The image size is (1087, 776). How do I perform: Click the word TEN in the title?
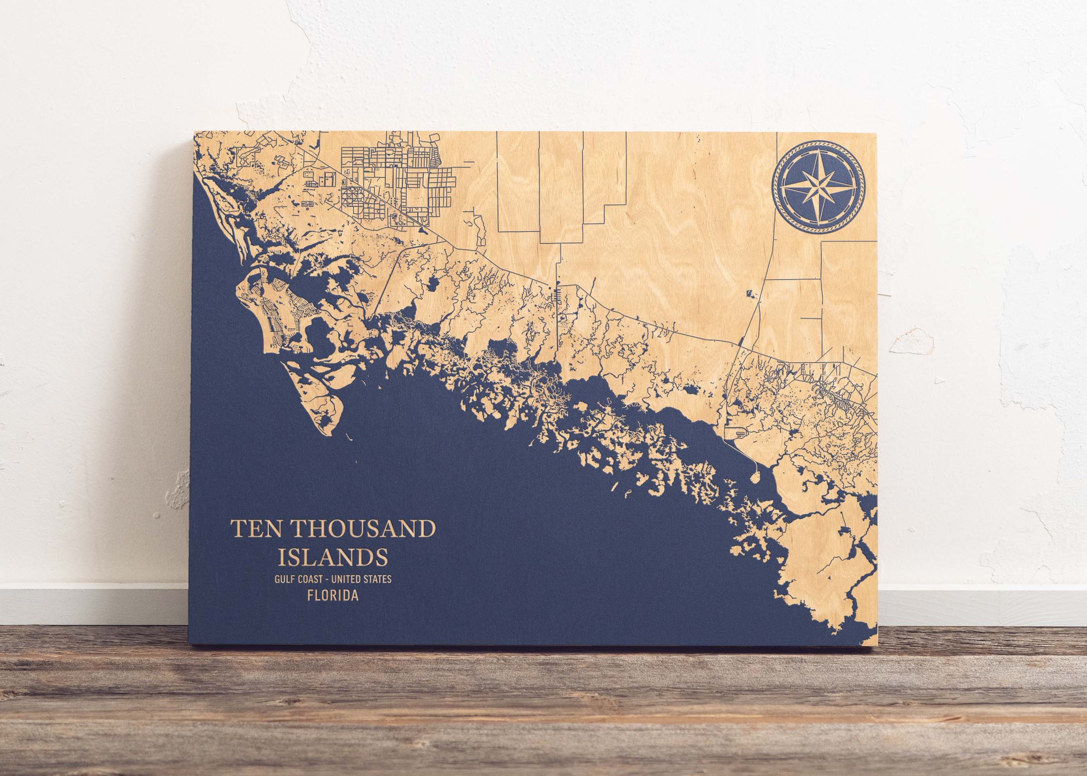click(256, 530)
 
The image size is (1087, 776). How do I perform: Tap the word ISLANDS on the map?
click(333, 557)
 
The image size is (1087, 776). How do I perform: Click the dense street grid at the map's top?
click(397, 177)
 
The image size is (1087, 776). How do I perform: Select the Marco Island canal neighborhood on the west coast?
click(277, 306)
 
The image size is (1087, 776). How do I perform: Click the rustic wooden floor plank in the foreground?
click(526, 717)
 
